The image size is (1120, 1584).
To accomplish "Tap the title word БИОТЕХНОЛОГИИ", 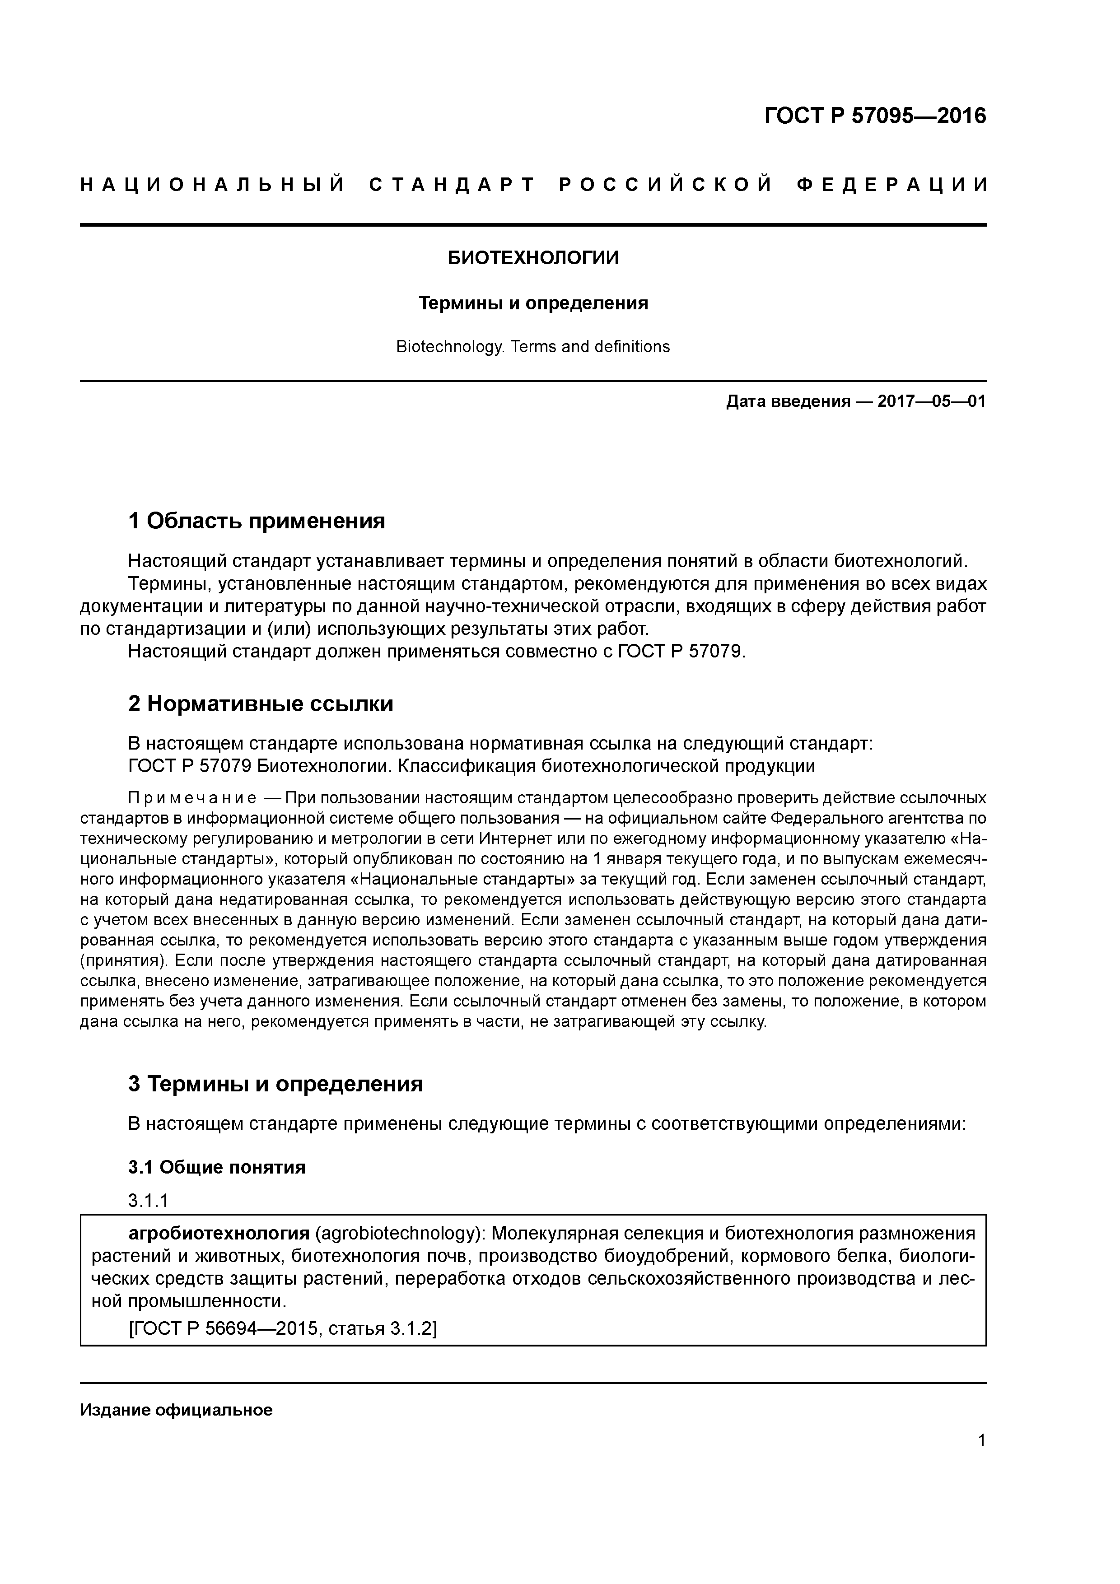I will click(533, 258).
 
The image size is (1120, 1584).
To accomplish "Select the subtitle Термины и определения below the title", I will click(533, 303).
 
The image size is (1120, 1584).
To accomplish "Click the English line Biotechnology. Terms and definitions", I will click(533, 346).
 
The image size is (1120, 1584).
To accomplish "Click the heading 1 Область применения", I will click(256, 521).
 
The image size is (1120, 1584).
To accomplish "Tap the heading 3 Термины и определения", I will click(275, 1084).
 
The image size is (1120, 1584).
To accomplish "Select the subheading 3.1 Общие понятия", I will click(217, 1167).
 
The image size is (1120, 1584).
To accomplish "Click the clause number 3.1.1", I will click(149, 1201).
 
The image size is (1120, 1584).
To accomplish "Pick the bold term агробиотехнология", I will click(219, 1233).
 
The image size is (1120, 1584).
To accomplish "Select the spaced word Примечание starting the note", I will click(192, 799).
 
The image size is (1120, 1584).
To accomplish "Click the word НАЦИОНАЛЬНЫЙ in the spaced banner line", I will click(213, 185).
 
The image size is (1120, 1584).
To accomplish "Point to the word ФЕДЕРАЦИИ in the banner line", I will click(892, 185).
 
